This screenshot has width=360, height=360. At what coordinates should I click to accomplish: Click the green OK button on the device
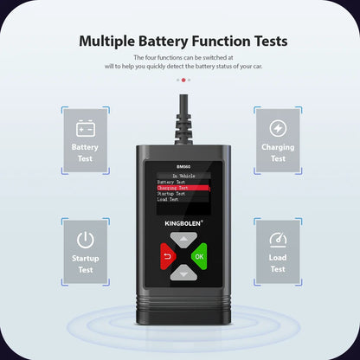[199, 255]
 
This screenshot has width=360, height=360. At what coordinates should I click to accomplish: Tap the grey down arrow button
[179, 273]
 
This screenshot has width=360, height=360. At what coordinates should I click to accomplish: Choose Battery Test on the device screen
[171, 180]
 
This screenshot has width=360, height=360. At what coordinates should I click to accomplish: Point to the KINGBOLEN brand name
[177, 222]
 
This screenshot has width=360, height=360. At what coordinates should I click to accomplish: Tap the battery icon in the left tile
[85, 129]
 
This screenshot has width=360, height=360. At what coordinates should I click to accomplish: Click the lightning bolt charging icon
[277, 129]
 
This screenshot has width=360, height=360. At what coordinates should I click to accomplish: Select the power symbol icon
[85, 240]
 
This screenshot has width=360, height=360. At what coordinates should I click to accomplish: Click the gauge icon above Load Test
[277, 240]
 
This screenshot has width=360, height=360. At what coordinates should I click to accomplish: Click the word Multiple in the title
[110, 41]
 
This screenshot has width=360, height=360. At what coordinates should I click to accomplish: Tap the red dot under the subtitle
[183, 80]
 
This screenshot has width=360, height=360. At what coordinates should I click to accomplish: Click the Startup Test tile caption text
[85, 264]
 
